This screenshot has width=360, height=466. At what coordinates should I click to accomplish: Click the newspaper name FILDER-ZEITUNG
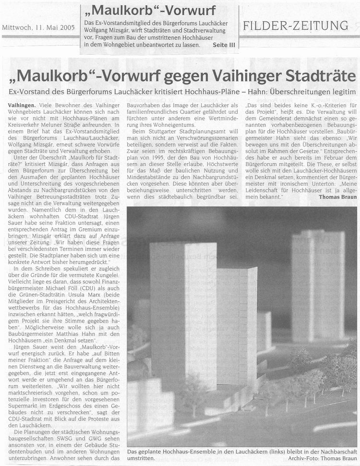pyautogui.click(x=296, y=26)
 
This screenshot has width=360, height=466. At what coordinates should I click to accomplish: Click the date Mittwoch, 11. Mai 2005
pyautogui.click(x=38, y=27)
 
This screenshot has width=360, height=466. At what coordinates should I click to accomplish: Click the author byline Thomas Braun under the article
pyautogui.click(x=338, y=196)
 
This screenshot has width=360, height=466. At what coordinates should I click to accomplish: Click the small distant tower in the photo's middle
pyautogui.click(x=264, y=331)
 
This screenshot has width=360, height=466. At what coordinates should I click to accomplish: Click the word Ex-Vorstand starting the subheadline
pyautogui.click(x=31, y=91)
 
